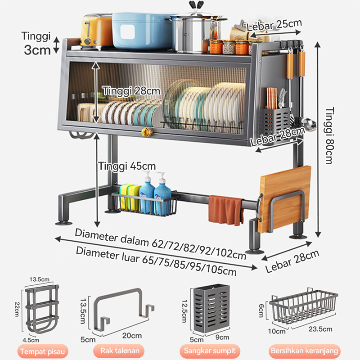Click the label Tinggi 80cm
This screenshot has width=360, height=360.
click(331, 135)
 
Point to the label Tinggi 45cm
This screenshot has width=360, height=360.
click(127, 166)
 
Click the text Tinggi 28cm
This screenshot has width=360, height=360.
click(131, 91)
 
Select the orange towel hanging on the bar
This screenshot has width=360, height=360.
click(225, 209)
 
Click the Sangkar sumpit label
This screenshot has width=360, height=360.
click(210, 351)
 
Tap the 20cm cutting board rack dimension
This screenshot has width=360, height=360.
click(131, 335)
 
